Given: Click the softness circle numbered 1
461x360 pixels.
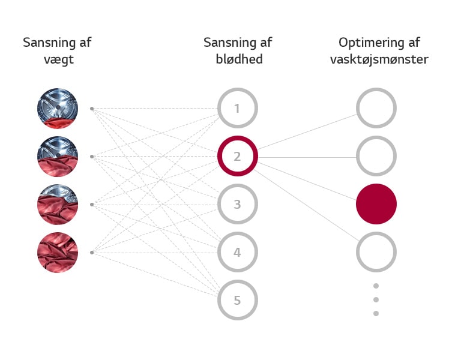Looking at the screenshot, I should [237, 109].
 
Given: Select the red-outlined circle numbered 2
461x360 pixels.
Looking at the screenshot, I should [237, 157].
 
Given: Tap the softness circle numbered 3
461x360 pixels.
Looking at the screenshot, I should [237, 205].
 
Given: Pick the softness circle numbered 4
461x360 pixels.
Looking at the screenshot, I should [237, 253].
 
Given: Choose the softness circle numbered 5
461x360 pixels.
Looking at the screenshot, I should [237, 300].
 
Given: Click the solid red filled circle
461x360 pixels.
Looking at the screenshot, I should [376, 204].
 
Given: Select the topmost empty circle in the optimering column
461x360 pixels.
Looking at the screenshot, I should [376, 109].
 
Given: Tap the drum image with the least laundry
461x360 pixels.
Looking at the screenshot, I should [58, 109].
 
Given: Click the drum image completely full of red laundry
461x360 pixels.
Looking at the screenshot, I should [58, 252].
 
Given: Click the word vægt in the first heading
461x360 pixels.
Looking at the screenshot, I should [57, 60].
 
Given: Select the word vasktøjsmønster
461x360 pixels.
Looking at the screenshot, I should [379, 60].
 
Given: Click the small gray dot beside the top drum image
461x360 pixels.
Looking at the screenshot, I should [92, 109].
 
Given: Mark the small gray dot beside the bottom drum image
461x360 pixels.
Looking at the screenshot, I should [92, 253].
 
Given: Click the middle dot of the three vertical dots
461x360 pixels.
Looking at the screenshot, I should [376, 299].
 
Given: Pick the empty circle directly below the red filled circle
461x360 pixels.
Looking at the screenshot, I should [376, 253].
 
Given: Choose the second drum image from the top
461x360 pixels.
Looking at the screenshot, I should [58, 157].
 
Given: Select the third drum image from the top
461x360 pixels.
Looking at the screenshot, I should [58, 205].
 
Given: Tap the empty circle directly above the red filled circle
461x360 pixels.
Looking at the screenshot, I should [376, 157].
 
